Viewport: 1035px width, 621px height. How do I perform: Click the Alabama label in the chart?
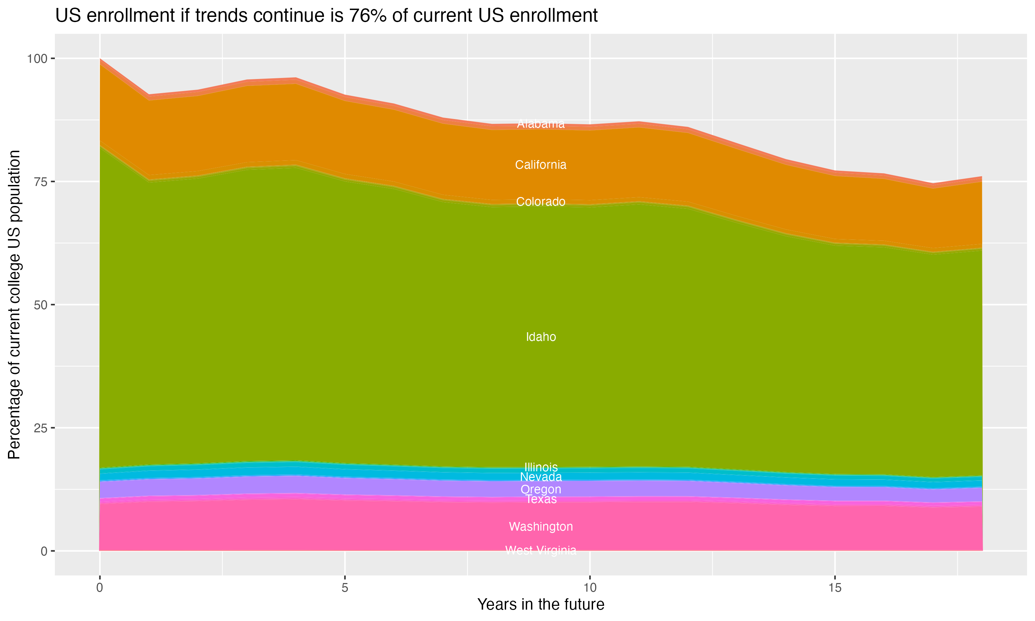[x=541, y=124]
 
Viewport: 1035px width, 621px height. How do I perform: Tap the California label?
[x=541, y=165]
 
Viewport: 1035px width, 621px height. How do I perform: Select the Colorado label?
[x=541, y=202]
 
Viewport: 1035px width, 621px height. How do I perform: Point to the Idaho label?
[x=541, y=337]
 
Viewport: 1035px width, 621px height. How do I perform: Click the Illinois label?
[x=541, y=467]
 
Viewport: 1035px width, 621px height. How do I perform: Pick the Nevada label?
[x=541, y=477]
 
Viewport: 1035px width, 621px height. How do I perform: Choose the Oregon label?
[x=541, y=489]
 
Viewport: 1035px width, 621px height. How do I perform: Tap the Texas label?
[x=541, y=499]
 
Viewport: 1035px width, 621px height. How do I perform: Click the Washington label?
[x=541, y=526]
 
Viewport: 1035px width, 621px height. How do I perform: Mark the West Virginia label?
[x=541, y=550]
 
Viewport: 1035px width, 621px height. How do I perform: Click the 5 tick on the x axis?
[x=345, y=588]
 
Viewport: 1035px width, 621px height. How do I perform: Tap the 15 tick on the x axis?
[x=835, y=588]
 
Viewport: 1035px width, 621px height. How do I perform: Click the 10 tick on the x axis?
[x=590, y=588]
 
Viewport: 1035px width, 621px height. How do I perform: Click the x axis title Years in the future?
[x=541, y=604]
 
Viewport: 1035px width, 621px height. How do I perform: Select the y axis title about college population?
[x=14, y=305]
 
